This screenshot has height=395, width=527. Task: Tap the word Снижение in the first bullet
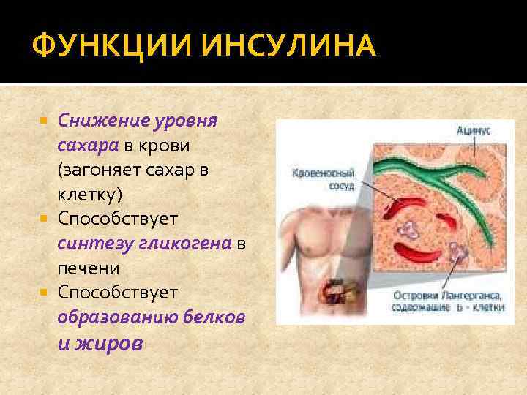(x=102, y=120)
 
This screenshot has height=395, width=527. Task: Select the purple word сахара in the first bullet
(x=88, y=145)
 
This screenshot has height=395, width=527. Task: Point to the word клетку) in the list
(x=90, y=195)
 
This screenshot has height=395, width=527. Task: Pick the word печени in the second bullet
(x=88, y=268)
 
